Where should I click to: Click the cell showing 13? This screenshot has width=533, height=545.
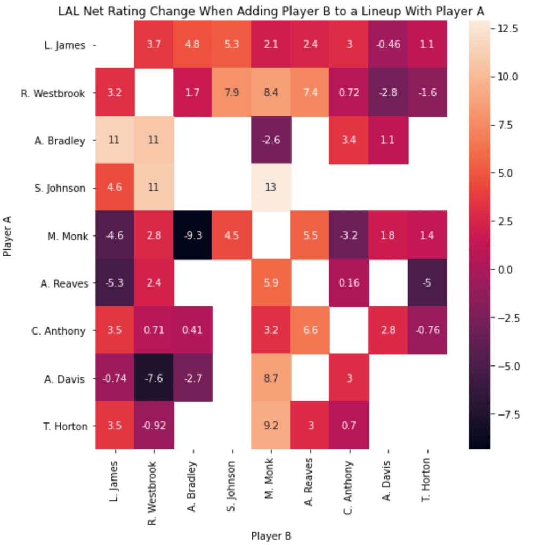pos(271,188)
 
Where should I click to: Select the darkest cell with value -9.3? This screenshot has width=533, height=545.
pos(193,235)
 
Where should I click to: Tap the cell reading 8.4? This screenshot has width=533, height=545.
pos(271,93)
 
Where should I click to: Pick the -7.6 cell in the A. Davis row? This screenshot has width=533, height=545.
pos(154,378)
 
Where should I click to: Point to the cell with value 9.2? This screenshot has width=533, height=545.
pos(271,426)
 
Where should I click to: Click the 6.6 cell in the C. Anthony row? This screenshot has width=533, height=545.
pos(311,331)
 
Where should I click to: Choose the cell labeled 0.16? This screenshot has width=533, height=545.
pos(350,283)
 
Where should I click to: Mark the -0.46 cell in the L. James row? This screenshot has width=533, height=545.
pos(389,45)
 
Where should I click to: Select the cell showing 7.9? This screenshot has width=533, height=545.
pos(232,93)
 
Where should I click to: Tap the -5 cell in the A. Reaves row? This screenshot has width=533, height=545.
pos(428,283)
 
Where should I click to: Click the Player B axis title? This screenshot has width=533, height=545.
pos(271,535)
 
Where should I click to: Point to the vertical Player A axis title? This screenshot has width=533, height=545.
pos(7,235)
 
